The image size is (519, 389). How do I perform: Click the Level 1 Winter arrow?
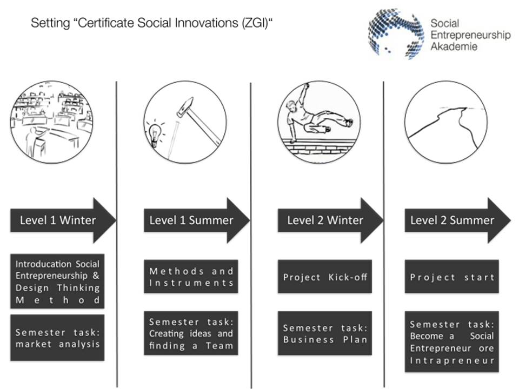point(63,220)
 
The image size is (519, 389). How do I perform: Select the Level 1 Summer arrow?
point(197,220)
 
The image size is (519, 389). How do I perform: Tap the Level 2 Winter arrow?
point(330,220)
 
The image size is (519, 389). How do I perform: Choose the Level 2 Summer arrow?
point(457,220)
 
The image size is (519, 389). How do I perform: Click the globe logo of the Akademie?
point(396,33)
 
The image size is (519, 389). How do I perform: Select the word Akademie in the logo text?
point(454,46)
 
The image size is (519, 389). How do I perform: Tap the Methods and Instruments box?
point(191,277)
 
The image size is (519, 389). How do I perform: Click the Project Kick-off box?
point(325,277)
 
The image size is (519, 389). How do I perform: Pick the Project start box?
point(452,277)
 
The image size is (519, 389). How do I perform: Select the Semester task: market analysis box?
point(57,337)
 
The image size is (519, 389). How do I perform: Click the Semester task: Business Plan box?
point(325,333)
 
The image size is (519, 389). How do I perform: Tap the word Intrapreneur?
point(452,360)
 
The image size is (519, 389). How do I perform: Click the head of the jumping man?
point(290,106)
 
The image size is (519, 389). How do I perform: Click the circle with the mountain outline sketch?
point(446,82)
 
